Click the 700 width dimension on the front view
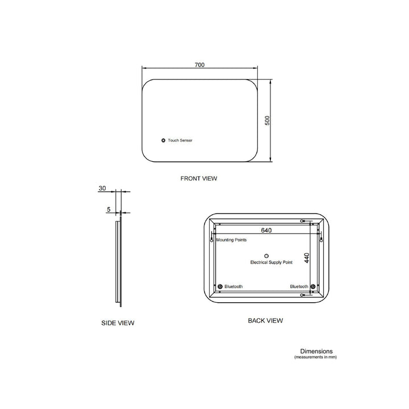click(199, 65)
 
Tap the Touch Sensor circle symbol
click(163, 140)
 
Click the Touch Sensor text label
click(180, 140)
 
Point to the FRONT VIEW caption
click(198, 178)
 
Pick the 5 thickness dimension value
click(108, 210)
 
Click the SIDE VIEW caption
click(118, 323)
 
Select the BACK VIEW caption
click(265, 320)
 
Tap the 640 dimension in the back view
click(266, 231)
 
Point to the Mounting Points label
click(231, 241)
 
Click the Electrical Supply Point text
click(271, 262)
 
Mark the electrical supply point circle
click(266, 255)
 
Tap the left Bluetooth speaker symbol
click(220, 286)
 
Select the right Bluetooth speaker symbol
click(311, 286)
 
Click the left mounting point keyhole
click(211, 240)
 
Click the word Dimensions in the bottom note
click(316, 351)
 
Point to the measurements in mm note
click(315, 357)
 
